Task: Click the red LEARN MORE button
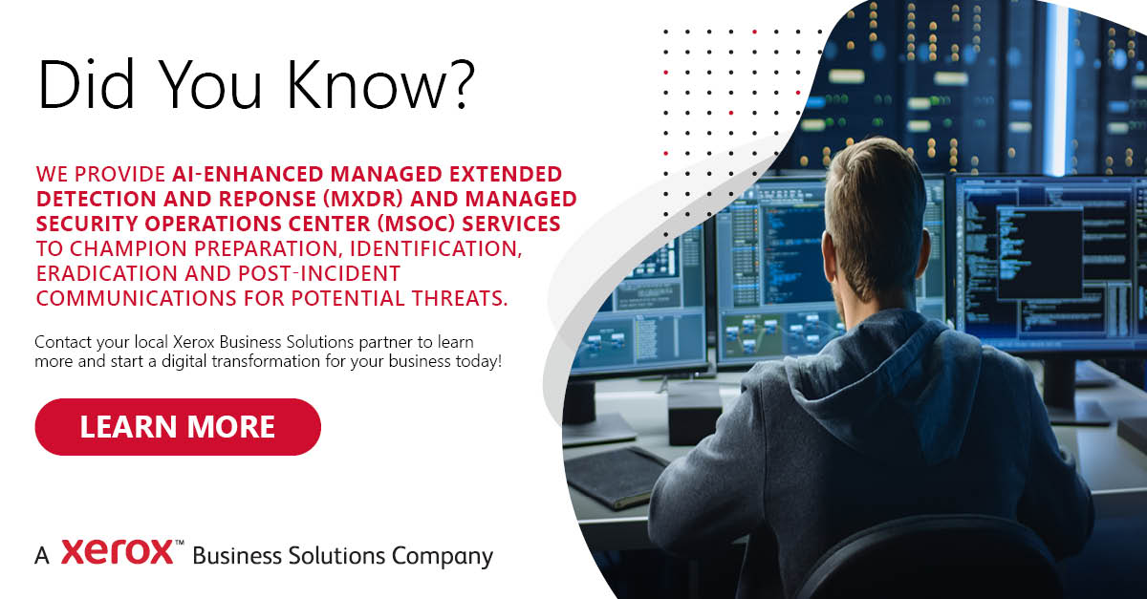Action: point(178,426)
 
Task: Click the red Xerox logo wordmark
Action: point(118,551)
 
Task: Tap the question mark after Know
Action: point(462,84)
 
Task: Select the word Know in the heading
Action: point(367,84)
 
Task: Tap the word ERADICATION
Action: point(106,273)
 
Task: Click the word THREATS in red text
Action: point(460,298)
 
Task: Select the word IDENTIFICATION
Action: point(436,248)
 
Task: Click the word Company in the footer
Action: point(443,557)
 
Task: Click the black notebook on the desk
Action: point(616,476)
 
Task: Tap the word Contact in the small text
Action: point(63,342)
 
